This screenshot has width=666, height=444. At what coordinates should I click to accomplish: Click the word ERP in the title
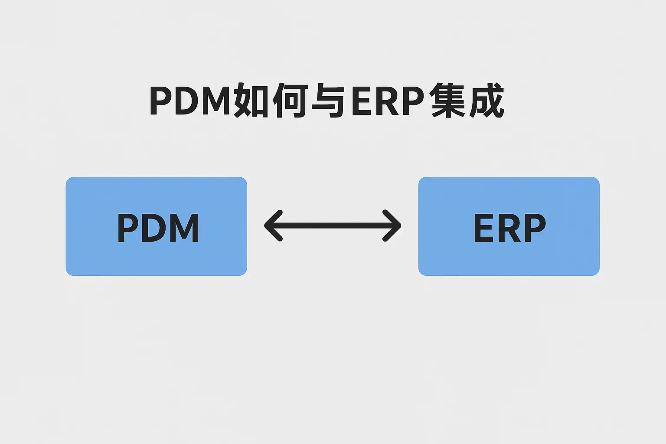point(387,101)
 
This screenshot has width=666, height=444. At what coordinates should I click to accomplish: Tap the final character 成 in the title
point(486,101)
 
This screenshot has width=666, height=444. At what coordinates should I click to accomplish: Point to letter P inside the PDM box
point(127,228)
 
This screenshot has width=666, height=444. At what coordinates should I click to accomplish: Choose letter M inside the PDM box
point(186,228)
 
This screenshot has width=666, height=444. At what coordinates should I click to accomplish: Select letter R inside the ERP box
point(509,228)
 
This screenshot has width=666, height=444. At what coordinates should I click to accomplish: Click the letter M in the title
point(215,101)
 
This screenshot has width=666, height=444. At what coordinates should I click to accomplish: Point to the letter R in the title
point(387,101)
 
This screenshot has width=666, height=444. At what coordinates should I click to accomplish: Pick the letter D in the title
point(186,101)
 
